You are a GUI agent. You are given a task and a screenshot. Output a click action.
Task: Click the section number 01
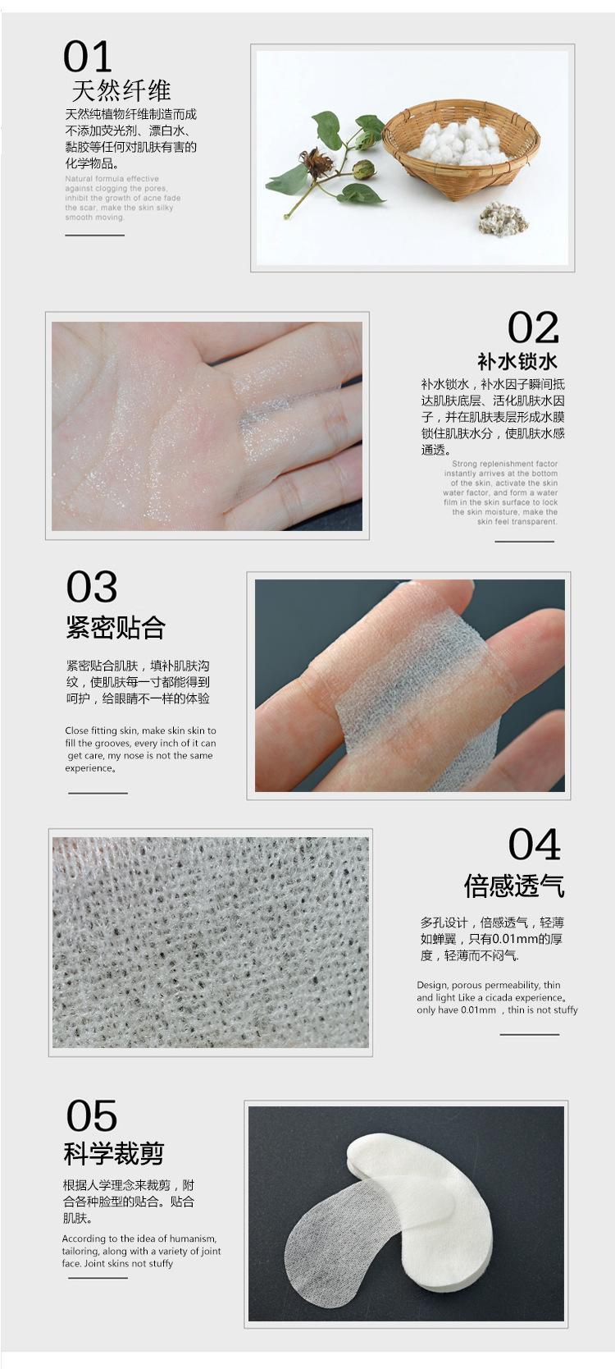point(87,58)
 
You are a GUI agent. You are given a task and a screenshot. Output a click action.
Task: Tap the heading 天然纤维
point(121,90)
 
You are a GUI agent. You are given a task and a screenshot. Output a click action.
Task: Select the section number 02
point(533,327)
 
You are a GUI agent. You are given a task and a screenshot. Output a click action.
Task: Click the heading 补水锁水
point(517,361)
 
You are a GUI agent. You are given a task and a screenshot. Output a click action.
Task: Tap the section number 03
point(92,588)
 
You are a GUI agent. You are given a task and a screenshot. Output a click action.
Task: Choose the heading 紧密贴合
point(116,628)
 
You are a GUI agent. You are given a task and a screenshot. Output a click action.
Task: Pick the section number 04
point(534,845)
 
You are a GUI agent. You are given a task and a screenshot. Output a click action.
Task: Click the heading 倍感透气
point(513,886)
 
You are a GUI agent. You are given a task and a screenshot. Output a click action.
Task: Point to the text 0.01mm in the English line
point(478,1010)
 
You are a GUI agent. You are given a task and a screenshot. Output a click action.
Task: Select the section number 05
point(92,1116)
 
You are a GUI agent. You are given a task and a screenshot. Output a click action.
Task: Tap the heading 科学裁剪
point(114,1154)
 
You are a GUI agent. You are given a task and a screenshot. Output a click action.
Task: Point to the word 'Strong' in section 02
point(464,464)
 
